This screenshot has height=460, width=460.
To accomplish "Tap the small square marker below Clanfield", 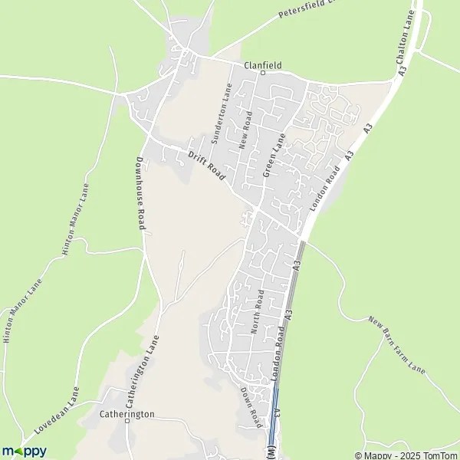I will (262, 74).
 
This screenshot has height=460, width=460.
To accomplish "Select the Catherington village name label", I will (127, 414).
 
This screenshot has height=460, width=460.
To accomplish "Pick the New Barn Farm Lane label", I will (396, 344).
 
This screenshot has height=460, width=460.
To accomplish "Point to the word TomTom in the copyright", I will (440, 455).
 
